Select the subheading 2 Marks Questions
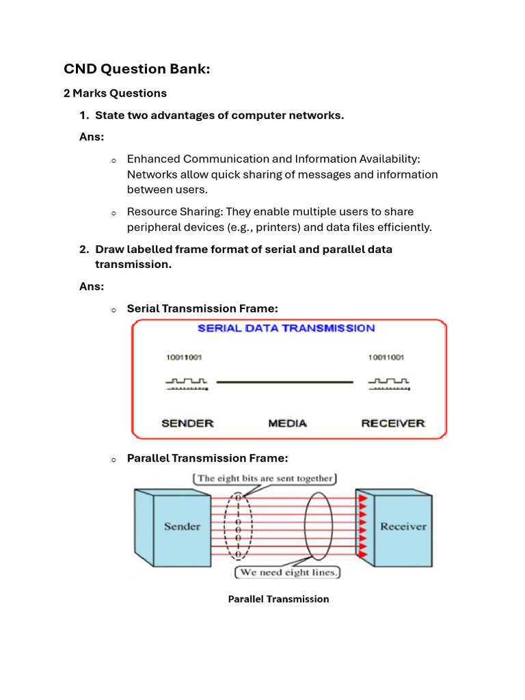[115, 93]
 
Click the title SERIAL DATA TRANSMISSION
[286, 328]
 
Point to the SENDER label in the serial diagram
[187, 423]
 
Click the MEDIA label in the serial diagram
[287, 423]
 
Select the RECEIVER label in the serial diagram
[393, 423]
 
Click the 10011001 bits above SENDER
[184, 358]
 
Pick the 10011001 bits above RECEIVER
[386, 358]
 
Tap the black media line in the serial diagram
[284, 381]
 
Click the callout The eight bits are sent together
[265, 479]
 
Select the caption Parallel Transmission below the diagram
[278, 599]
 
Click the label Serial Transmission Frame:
[202, 308]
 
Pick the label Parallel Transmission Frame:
[202, 458]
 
